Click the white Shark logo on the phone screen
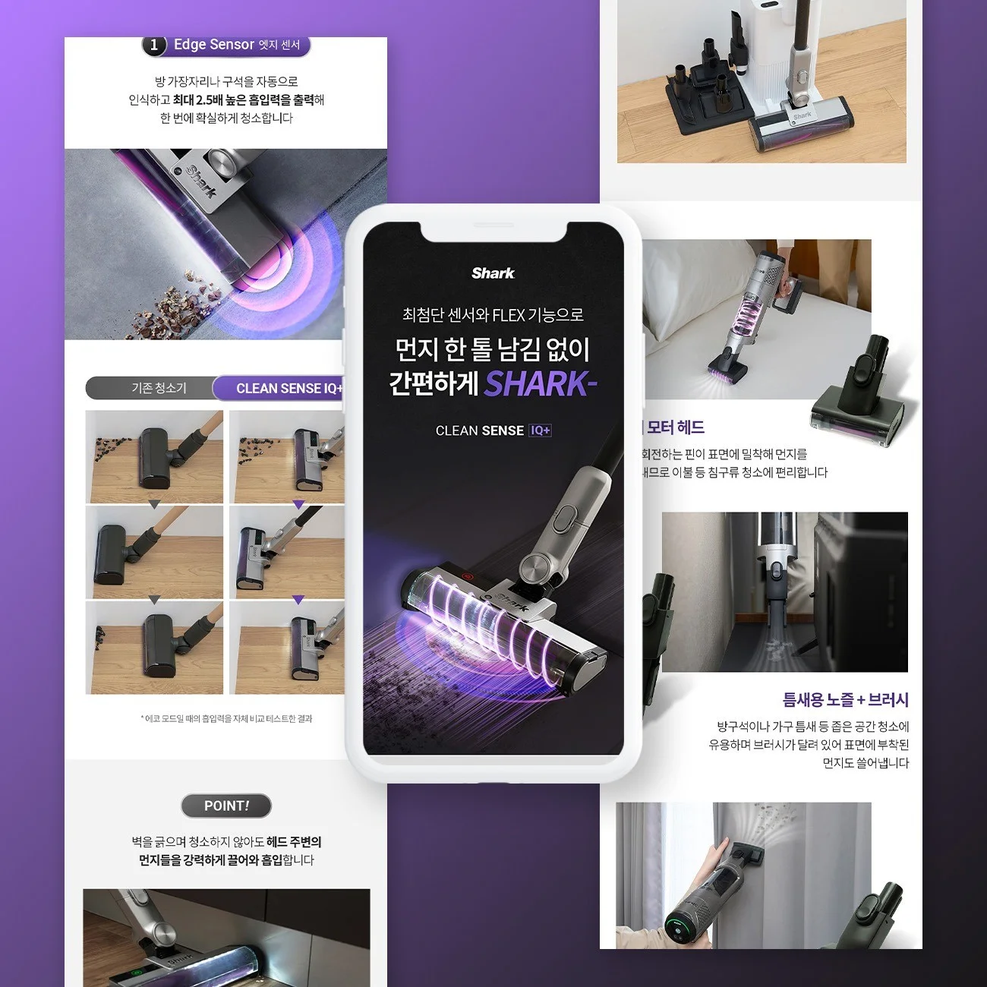click(x=493, y=273)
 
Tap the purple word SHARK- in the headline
click(x=540, y=384)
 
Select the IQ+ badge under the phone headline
click(x=541, y=430)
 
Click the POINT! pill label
click(x=226, y=806)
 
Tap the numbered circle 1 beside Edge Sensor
click(x=154, y=46)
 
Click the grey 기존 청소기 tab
click(x=158, y=388)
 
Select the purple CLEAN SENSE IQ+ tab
click(x=285, y=388)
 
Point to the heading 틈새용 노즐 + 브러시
click(x=845, y=699)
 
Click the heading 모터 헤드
click(x=675, y=427)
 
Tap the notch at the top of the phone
click(x=493, y=229)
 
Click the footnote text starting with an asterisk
click(x=226, y=718)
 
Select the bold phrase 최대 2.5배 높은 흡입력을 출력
click(x=243, y=100)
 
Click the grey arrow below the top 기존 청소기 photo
click(x=154, y=505)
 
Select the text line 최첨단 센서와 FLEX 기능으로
click(x=493, y=315)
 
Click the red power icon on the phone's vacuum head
click(x=467, y=577)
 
